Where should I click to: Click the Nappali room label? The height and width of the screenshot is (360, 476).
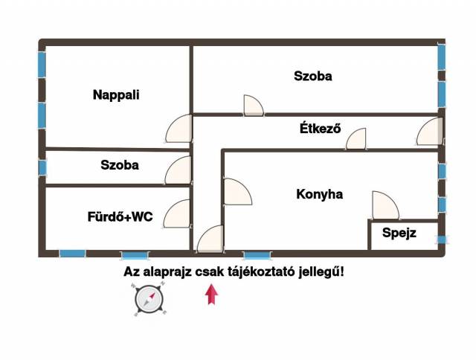[116, 94]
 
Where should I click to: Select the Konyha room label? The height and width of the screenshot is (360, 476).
[319, 194]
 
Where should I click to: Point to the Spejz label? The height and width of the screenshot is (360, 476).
[399, 234]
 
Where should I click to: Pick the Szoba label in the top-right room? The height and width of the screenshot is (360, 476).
[312, 76]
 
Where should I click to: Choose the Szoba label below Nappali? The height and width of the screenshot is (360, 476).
[120, 165]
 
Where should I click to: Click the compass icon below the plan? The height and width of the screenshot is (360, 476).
[149, 300]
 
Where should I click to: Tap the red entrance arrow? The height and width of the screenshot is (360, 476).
[212, 295]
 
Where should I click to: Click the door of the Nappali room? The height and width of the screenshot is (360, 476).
[178, 129]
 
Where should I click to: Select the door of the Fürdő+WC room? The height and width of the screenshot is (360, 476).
[178, 214]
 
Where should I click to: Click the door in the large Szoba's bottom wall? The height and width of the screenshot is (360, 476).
[253, 106]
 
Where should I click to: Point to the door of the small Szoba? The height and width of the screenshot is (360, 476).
[179, 170]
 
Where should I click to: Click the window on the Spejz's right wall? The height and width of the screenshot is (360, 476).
[442, 240]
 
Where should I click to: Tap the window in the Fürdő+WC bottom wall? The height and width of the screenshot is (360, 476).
[72, 254]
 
